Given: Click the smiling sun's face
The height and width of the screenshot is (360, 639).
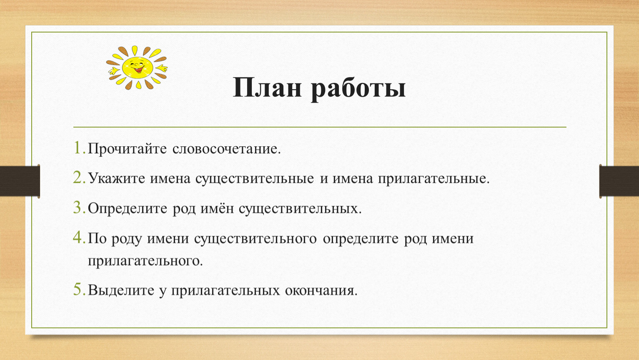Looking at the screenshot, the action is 138,67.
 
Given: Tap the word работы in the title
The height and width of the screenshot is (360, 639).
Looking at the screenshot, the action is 358,89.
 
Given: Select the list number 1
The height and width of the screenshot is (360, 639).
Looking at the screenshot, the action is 79,147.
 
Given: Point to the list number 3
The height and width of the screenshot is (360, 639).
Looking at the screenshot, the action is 79,207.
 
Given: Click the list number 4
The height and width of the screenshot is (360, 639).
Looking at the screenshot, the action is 79,237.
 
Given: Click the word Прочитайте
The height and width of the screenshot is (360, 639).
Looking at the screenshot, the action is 127,149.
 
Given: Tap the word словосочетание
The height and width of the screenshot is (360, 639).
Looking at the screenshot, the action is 226,149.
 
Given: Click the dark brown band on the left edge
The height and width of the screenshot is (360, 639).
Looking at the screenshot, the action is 20,181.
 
